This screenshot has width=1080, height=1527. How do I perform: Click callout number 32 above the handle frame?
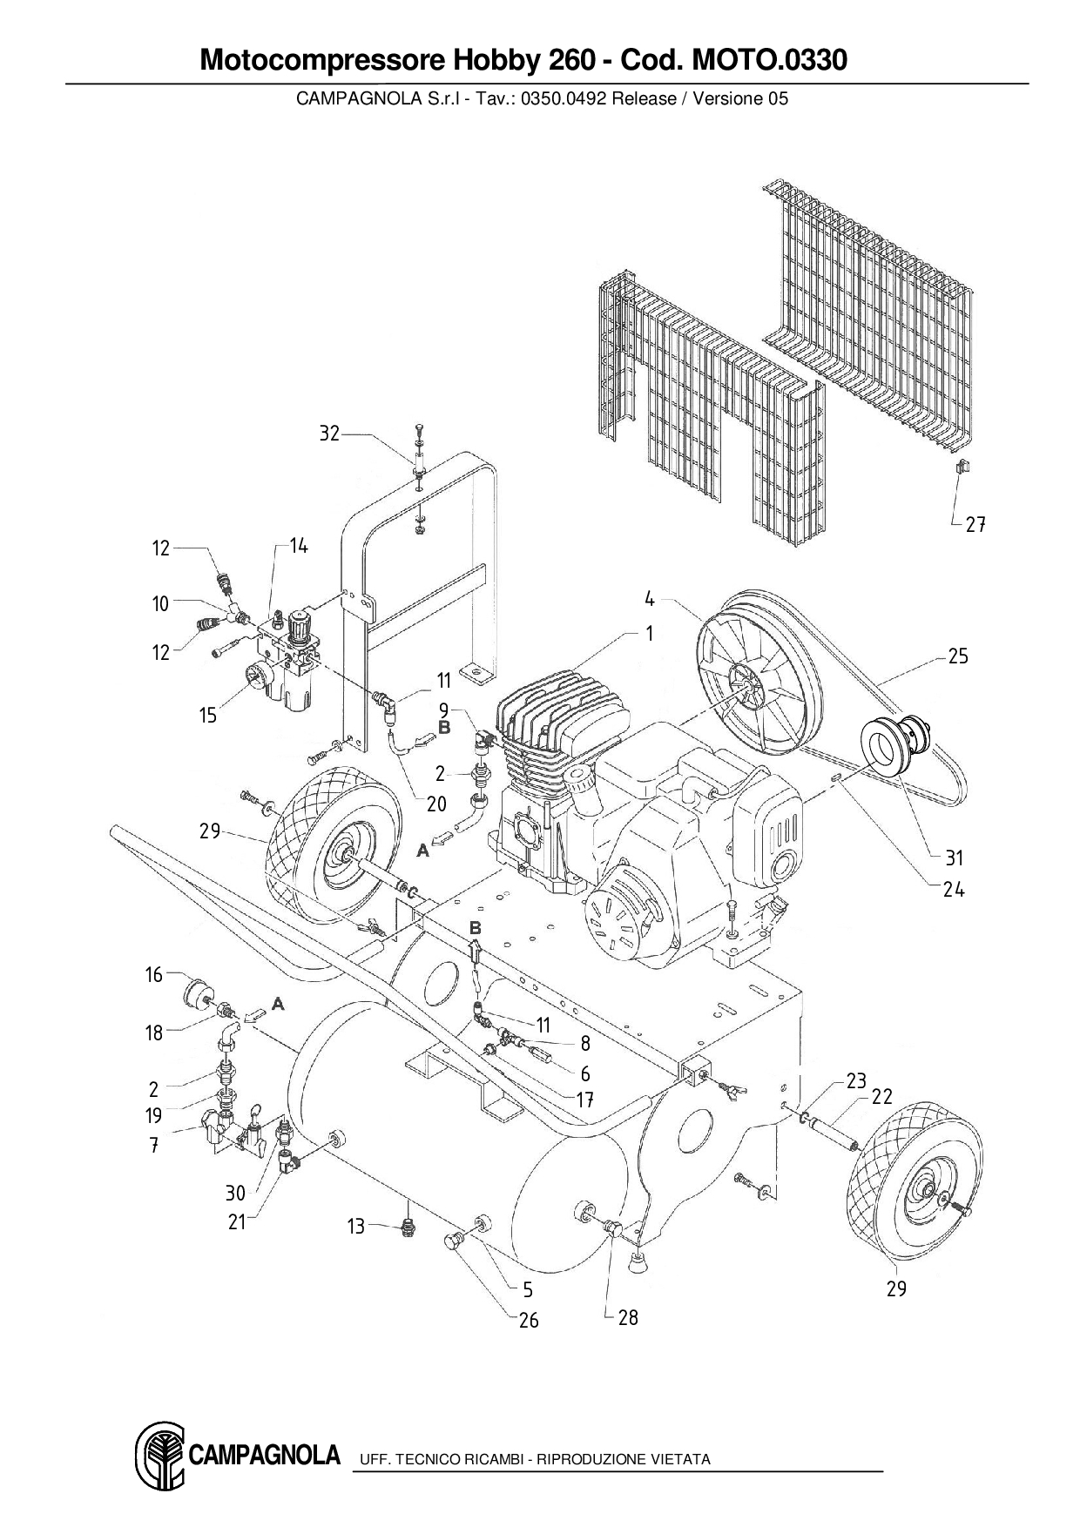(x=329, y=433)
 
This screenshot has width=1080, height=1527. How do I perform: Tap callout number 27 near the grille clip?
(x=975, y=524)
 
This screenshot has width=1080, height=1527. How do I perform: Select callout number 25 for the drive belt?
(x=958, y=656)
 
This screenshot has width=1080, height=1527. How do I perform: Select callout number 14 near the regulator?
(x=299, y=546)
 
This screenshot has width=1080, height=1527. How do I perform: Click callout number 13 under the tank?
(x=355, y=1227)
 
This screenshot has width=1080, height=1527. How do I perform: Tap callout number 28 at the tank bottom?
(x=628, y=1317)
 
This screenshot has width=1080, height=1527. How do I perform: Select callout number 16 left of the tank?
(x=154, y=974)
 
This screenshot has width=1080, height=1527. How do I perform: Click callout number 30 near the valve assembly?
(x=235, y=1194)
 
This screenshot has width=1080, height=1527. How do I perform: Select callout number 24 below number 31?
(x=954, y=890)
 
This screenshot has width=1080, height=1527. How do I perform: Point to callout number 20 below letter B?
(x=436, y=803)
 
